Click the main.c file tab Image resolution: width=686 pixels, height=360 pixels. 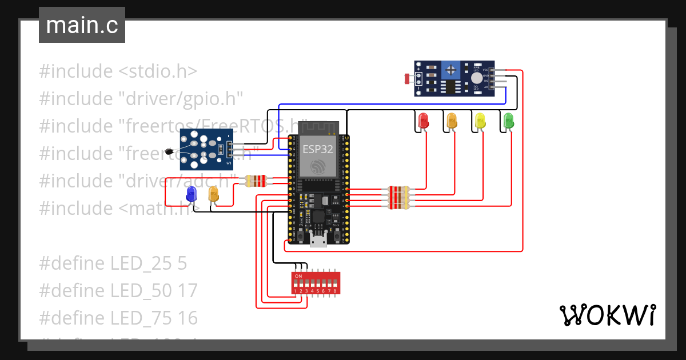82,25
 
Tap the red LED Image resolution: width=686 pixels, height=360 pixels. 424,121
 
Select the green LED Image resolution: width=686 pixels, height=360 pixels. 508,121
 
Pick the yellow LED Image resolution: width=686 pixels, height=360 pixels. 480,121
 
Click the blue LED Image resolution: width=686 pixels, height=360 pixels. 191,195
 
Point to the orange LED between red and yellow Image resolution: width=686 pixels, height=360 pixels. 452,121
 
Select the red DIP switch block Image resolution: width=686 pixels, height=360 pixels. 316,283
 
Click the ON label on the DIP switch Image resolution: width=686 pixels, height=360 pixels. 298,276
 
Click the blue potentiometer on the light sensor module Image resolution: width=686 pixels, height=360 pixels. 452,71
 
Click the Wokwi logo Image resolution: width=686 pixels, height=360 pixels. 607,315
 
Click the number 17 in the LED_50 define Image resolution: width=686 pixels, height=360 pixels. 185,291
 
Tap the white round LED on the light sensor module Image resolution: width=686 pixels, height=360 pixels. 476,78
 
